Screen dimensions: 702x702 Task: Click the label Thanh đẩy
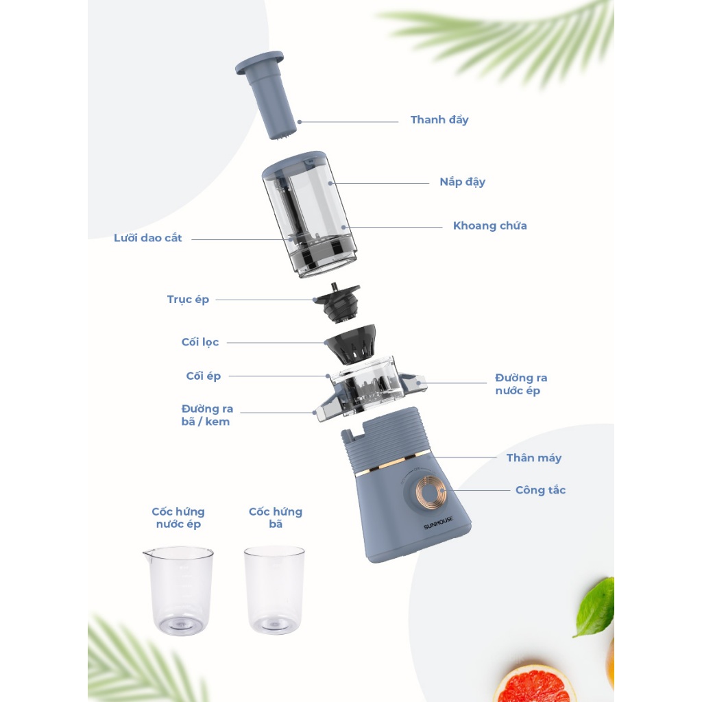coord(439,120)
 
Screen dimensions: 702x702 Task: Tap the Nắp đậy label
coord(462,182)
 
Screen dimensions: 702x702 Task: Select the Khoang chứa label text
coord(489,226)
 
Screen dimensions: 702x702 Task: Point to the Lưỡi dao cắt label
coord(148,238)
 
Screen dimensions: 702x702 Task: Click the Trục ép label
coord(188,300)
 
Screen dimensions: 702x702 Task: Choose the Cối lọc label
coord(200,343)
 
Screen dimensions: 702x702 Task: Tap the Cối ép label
coord(203,376)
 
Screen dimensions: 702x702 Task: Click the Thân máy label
coord(533,458)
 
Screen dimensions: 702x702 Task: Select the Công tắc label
coord(540,490)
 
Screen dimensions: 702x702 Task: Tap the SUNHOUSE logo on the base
coord(438,523)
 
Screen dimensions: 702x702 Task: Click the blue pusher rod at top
coord(268,94)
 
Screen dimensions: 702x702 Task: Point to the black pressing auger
coord(337,302)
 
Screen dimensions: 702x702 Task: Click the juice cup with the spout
coord(178,590)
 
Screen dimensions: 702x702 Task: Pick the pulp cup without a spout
coord(274,589)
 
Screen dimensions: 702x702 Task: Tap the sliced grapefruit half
coord(534,683)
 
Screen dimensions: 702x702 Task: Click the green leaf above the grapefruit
coord(596,607)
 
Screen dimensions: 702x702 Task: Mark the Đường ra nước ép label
coord(521,384)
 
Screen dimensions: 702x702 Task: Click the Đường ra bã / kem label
coord(207,415)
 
